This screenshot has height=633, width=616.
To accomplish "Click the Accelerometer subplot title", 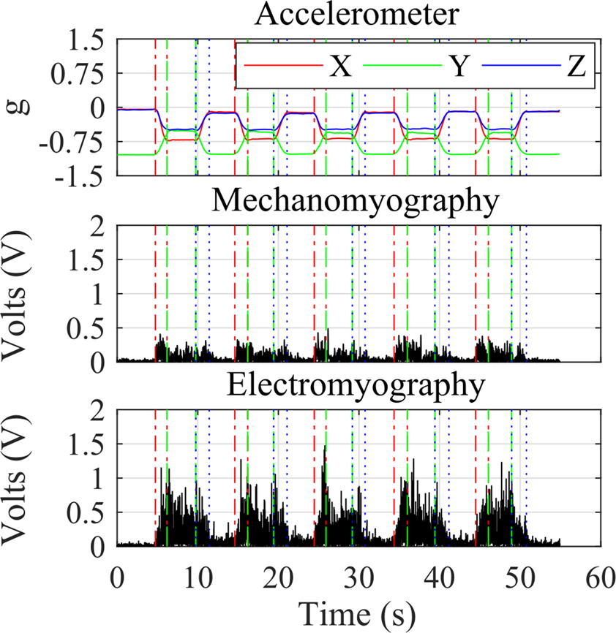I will [358, 15].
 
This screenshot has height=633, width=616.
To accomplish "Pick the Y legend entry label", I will [458, 67].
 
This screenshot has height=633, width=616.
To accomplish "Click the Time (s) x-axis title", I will [358, 613].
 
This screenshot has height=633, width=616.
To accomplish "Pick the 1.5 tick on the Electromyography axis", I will [89, 444].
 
